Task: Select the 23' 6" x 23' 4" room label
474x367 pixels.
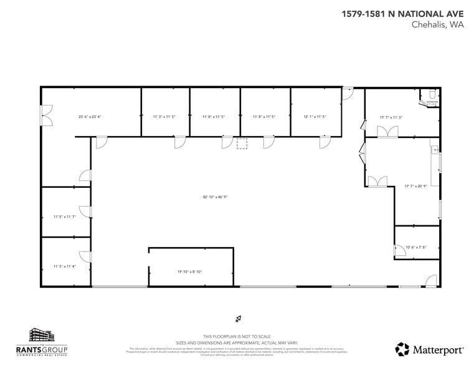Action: tap(90, 117)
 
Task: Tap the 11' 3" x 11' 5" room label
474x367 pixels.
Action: tap(164, 117)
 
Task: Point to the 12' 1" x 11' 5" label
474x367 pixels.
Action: tap(315, 117)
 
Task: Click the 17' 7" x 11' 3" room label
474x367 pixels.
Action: tap(391, 117)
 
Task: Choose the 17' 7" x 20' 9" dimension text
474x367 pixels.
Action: tap(415, 185)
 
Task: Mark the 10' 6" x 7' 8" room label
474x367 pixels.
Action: tap(415, 247)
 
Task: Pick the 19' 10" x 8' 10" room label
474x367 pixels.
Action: tap(190, 272)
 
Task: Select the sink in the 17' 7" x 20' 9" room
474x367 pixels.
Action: tap(434, 150)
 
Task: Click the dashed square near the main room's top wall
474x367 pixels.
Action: tap(242, 144)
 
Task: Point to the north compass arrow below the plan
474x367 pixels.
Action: tap(237, 318)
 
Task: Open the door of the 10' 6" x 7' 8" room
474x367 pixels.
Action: tap(398, 250)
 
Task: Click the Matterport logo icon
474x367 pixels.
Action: tap(402, 349)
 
